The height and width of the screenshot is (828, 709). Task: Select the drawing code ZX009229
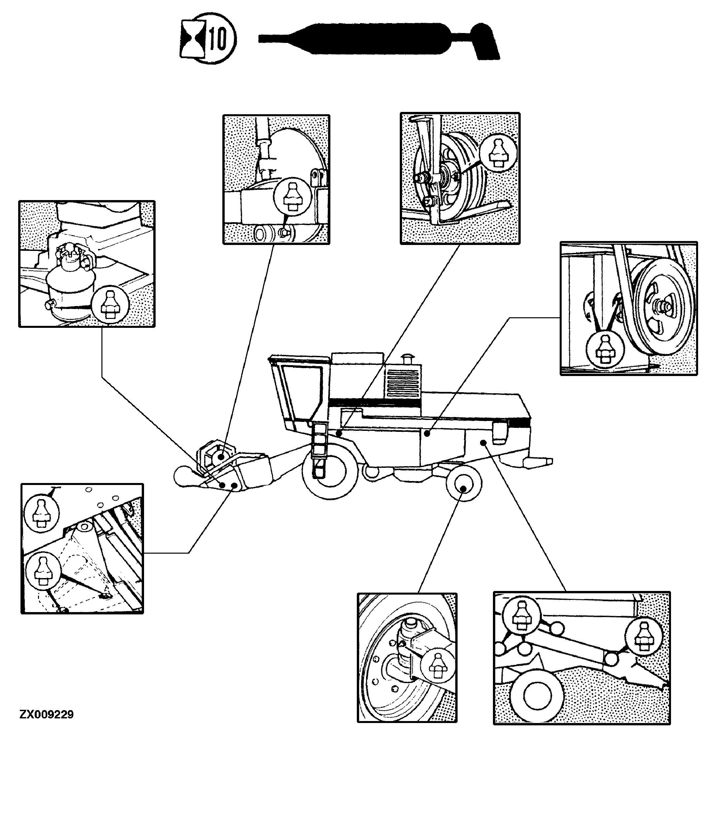46,714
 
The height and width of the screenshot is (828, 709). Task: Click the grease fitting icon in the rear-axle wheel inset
436,667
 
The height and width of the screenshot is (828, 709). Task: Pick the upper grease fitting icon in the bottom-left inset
42,513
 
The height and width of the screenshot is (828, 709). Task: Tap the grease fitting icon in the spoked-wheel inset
498,152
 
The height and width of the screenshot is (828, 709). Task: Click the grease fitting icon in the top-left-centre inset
293,197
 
